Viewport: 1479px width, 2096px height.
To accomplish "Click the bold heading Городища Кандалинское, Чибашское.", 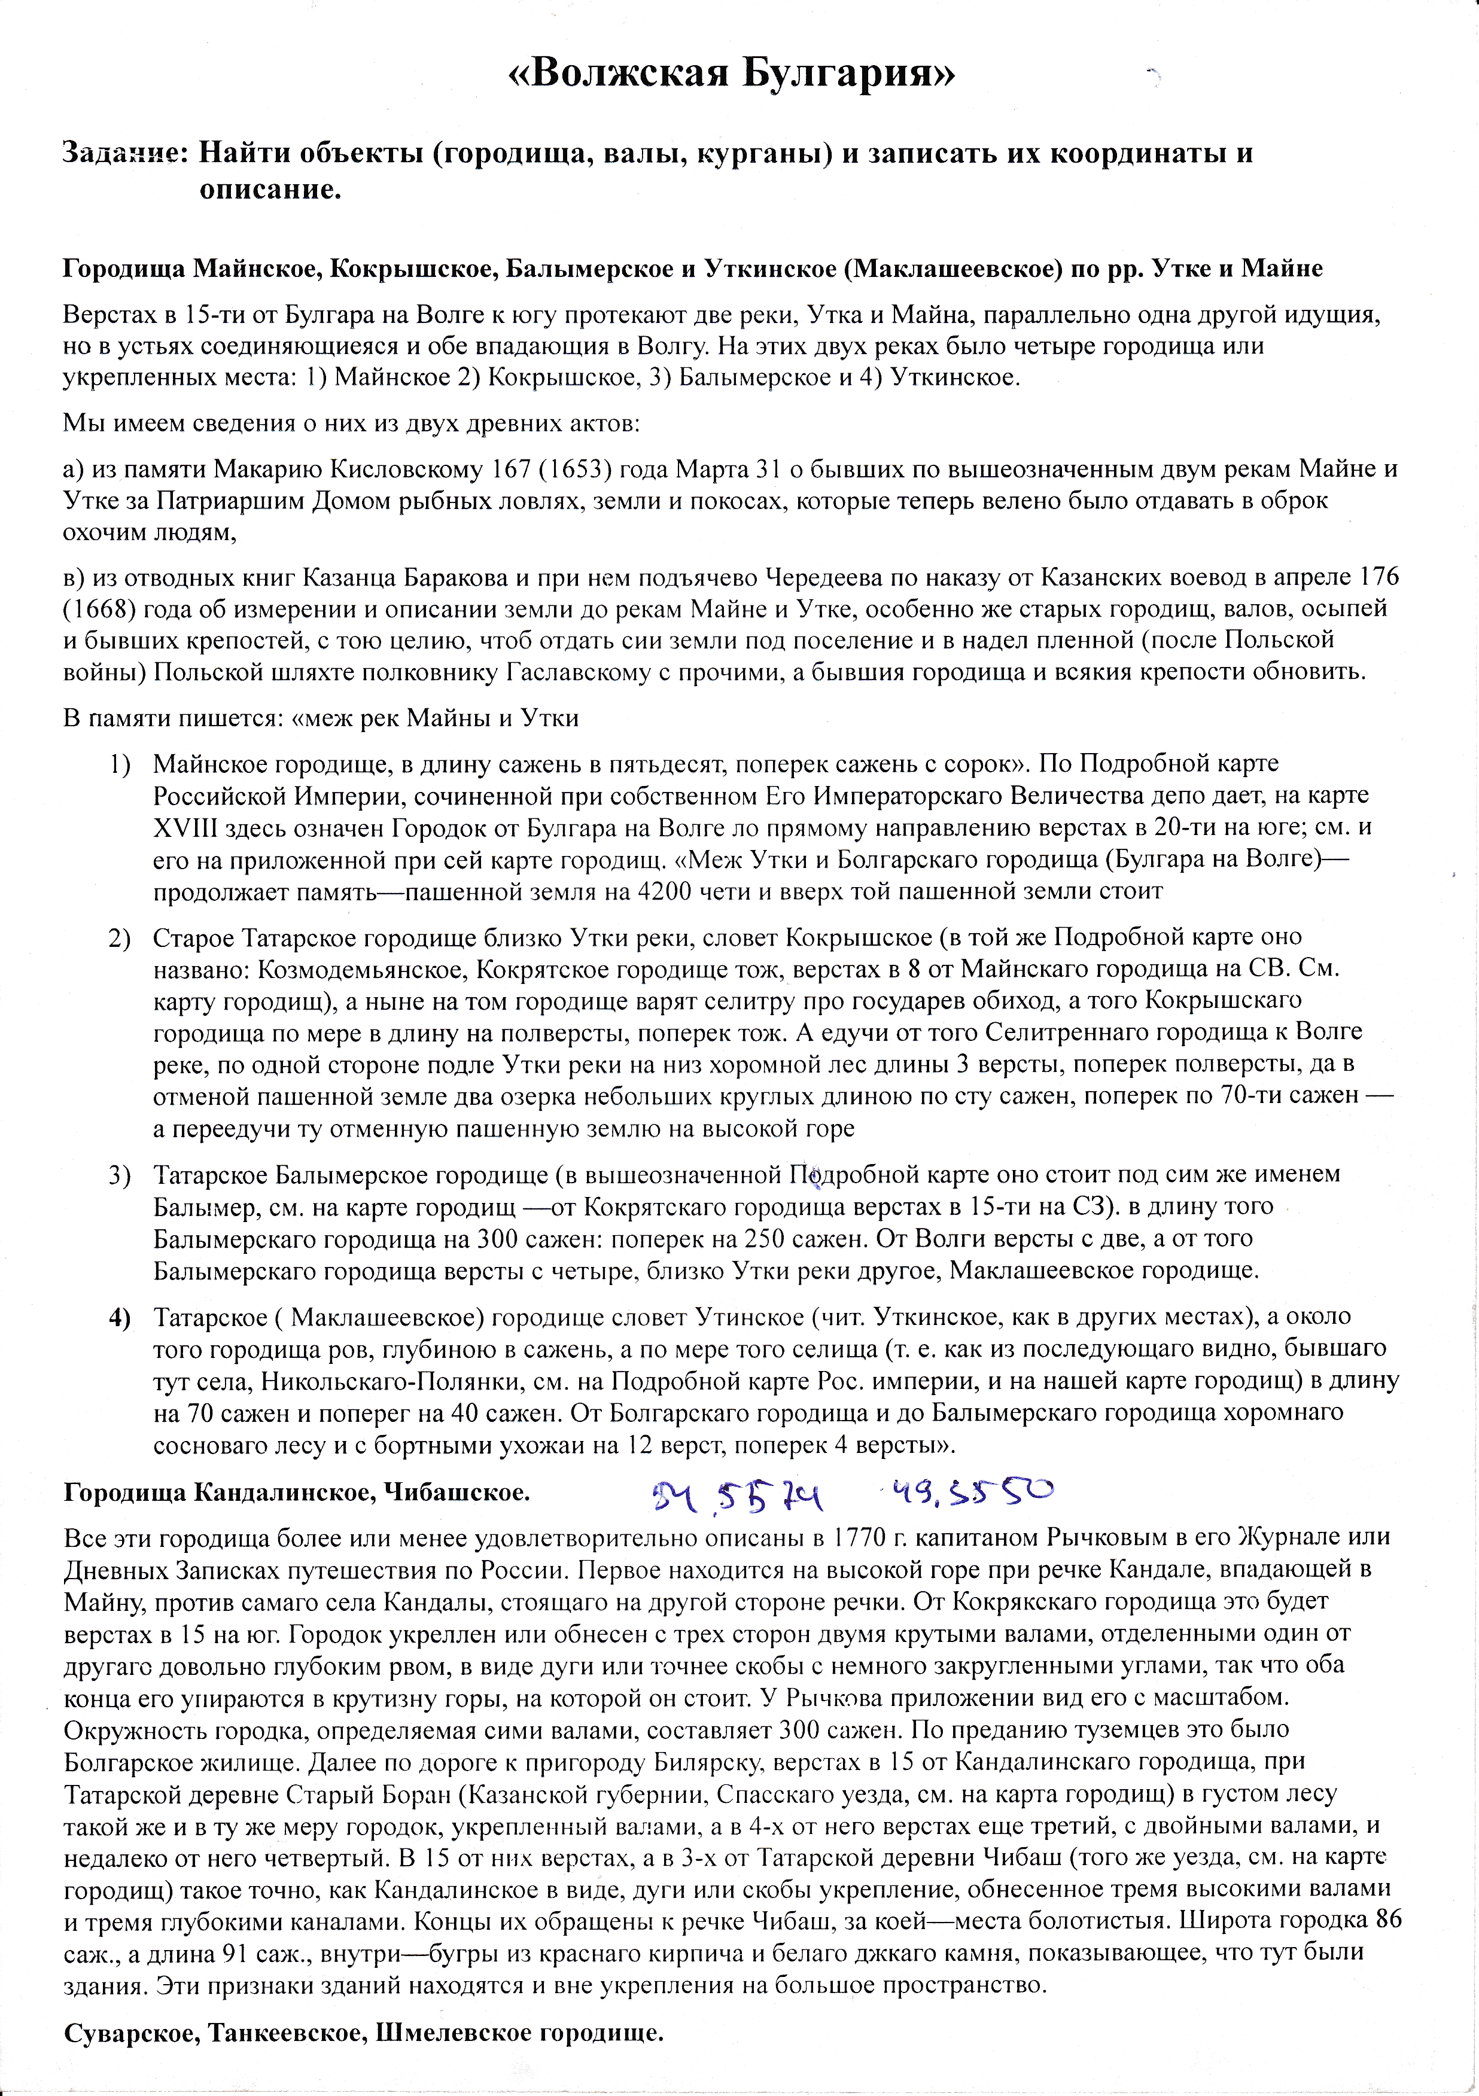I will point(297,1492).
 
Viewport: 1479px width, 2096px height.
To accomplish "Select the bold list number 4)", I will point(120,1317).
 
